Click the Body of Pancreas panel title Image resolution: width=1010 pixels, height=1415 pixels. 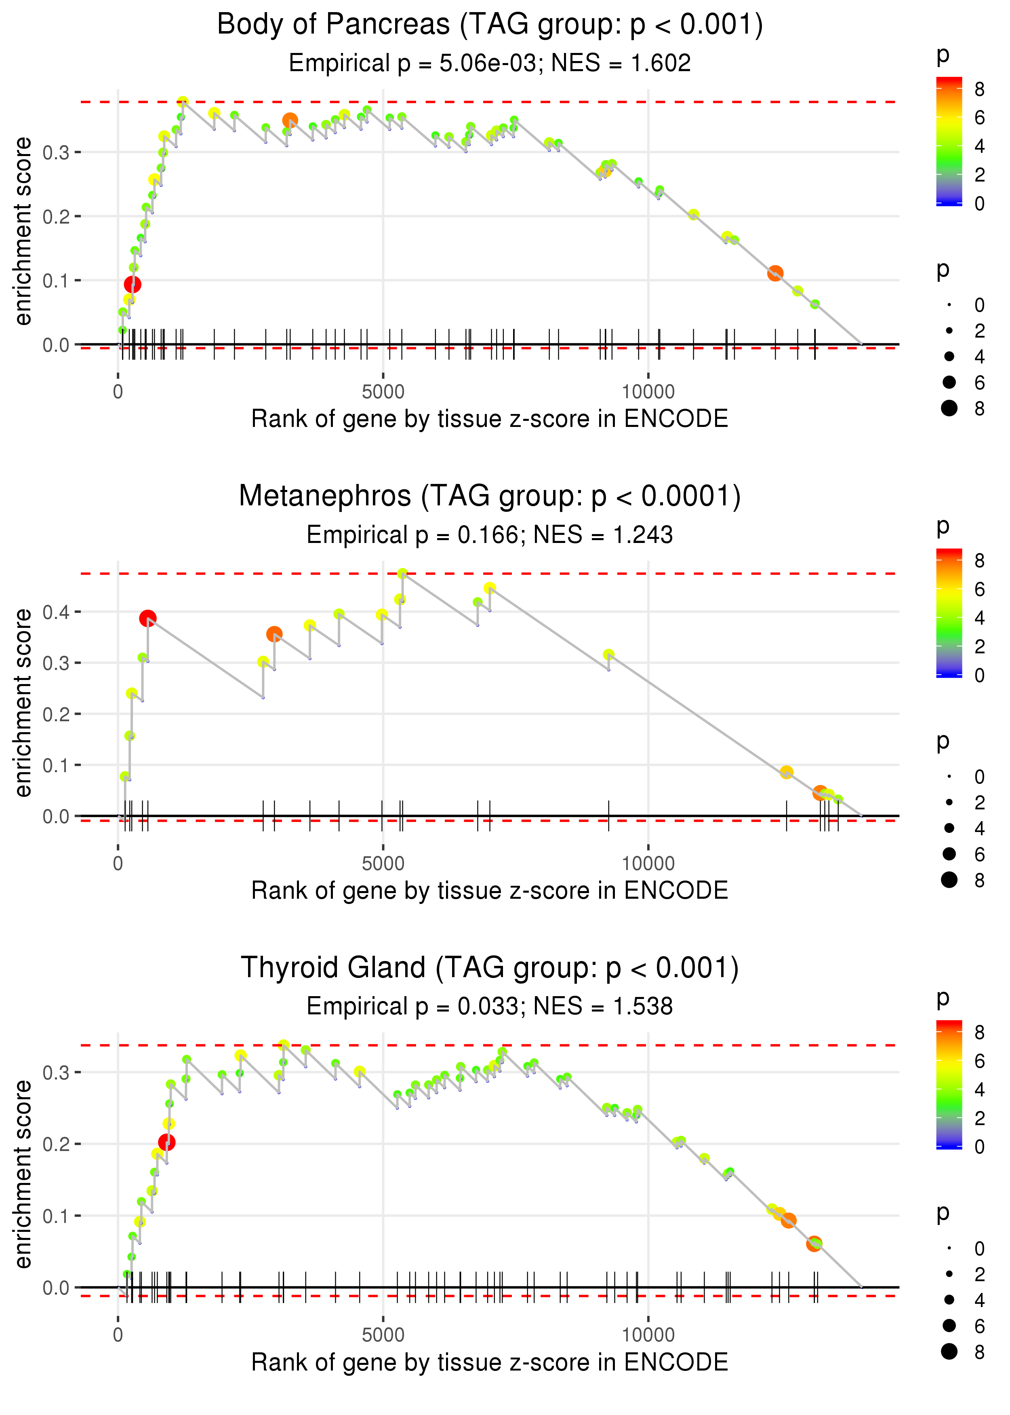click(490, 25)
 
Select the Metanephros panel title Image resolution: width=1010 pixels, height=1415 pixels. click(490, 496)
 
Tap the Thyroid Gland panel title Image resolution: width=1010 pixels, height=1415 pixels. click(490, 968)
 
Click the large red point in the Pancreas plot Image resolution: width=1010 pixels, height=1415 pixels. click(133, 284)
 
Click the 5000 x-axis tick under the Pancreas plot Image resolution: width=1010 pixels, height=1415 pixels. click(383, 392)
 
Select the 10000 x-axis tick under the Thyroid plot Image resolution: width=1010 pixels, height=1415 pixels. click(648, 1335)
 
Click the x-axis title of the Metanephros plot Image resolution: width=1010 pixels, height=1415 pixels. click(490, 891)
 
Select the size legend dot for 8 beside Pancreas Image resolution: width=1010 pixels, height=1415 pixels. click(949, 408)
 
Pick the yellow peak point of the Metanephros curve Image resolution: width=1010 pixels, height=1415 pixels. click(402, 574)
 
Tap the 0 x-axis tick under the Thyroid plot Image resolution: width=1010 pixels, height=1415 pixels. click(118, 1335)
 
